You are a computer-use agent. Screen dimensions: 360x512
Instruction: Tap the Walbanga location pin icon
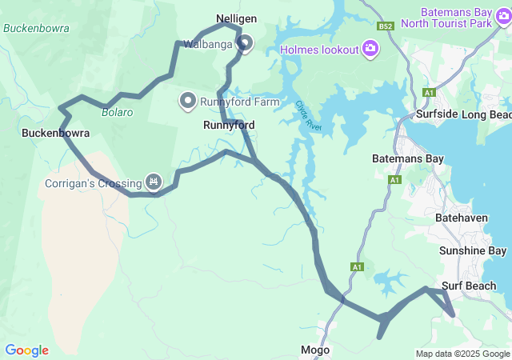(x=244, y=44)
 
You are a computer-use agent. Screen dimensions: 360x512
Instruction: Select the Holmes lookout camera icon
(x=370, y=50)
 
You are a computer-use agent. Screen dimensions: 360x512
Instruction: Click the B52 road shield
(x=387, y=26)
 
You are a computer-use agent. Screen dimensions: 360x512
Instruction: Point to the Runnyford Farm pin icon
(x=188, y=100)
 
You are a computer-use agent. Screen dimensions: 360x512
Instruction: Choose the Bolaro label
(x=116, y=112)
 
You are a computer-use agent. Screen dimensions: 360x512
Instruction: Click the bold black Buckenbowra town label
(x=54, y=133)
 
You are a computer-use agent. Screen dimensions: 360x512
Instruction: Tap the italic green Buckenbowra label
(x=36, y=28)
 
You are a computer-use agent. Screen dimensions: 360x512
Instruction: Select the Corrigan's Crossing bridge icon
(x=153, y=183)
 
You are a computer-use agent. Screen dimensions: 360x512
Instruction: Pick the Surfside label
(x=436, y=114)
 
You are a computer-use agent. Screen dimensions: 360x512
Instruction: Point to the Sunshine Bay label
(x=473, y=251)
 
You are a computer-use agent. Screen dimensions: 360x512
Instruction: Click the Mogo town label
(x=315, y=350)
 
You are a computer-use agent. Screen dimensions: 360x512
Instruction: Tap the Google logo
(x=26, y=350)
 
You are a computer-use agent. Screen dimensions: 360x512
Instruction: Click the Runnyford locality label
(x=229, y=126)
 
